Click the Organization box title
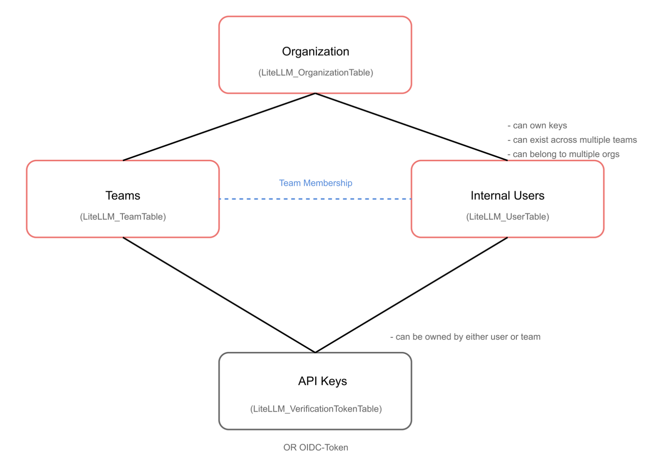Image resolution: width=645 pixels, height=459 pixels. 315,52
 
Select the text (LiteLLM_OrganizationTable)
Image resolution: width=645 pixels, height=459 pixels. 315,73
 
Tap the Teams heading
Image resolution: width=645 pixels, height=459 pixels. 122,196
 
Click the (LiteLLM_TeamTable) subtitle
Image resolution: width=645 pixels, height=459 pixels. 122,217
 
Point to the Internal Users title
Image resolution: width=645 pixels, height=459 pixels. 507,196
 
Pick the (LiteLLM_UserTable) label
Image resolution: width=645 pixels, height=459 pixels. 507,217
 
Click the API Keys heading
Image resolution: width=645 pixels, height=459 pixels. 322,381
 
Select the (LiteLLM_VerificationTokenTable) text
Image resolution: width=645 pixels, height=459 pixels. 316,409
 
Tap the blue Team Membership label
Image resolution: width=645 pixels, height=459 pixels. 315,183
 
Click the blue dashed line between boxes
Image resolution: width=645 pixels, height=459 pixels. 315,199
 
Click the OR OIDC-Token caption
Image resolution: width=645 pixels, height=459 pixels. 315,447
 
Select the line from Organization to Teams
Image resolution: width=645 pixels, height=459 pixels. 219,127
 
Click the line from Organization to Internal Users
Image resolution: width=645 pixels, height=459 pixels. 411,127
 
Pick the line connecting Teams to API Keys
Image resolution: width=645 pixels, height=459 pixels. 219,295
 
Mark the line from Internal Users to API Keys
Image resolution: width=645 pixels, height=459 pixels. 411,295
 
